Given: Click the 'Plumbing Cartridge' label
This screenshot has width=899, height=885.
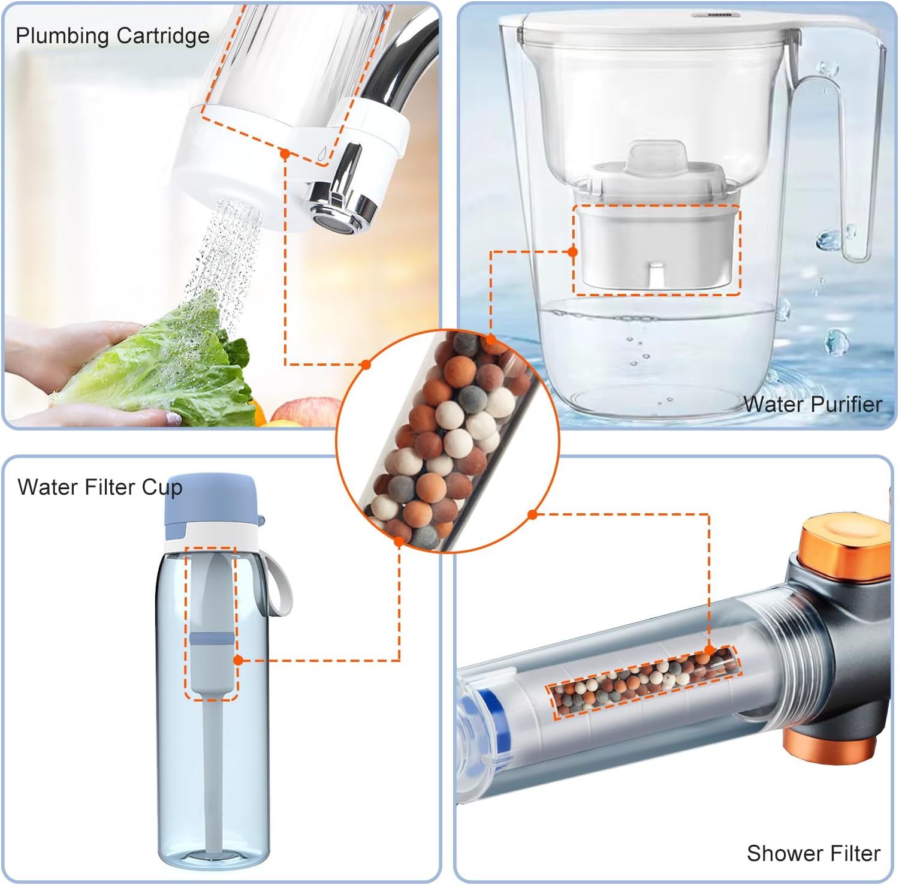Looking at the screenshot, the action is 113,36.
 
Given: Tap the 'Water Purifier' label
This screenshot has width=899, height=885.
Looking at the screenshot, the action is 813,404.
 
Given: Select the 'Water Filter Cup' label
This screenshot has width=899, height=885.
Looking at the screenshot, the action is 99,487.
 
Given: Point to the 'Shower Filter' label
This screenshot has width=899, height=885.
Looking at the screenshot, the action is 813,853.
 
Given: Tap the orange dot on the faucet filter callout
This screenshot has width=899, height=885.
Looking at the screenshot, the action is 285,154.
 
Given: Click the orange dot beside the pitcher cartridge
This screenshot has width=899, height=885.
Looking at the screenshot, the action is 572,252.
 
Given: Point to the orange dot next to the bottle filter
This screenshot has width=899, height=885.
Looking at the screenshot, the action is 238,660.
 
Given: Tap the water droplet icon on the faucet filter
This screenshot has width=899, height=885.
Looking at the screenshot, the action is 322,154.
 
